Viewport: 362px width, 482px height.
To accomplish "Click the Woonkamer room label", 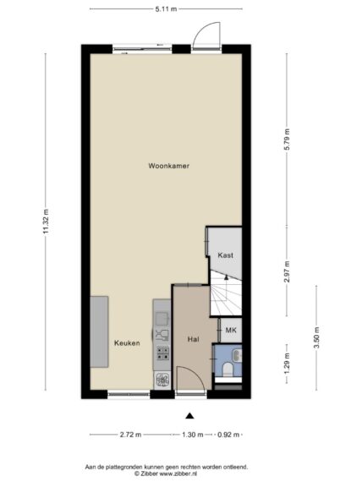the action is pos(168,166).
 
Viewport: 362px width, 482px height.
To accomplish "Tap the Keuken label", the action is pos(127,343).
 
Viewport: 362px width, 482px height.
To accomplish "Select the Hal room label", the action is pos(193,339).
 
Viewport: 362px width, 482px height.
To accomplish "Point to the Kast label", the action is pos(226,255).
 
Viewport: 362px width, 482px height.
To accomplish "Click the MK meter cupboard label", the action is pos(231,330).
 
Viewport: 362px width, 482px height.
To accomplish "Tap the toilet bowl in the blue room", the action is pos(228,370).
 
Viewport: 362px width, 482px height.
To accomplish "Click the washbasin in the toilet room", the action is pos(238,356).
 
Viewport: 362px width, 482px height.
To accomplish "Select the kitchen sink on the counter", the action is pos(162,319).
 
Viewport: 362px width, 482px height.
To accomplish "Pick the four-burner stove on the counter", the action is pos(162,353).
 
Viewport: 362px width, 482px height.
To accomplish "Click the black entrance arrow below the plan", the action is pos(189,416).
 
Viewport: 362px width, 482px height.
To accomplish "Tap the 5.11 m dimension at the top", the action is pos(166,9).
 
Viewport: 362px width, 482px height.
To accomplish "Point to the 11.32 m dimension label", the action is pos(47,222).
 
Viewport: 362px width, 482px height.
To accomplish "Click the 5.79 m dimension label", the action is pos(287,140).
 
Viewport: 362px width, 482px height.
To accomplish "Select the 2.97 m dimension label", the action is pos(287,271).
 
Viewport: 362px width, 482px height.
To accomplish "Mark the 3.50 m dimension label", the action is pos(316,338).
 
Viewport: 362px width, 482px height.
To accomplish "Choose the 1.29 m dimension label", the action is pos(287,364).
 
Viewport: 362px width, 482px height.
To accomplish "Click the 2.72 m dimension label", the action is pos(130,435).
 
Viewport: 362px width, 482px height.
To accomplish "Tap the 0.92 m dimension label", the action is pos(228,435).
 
